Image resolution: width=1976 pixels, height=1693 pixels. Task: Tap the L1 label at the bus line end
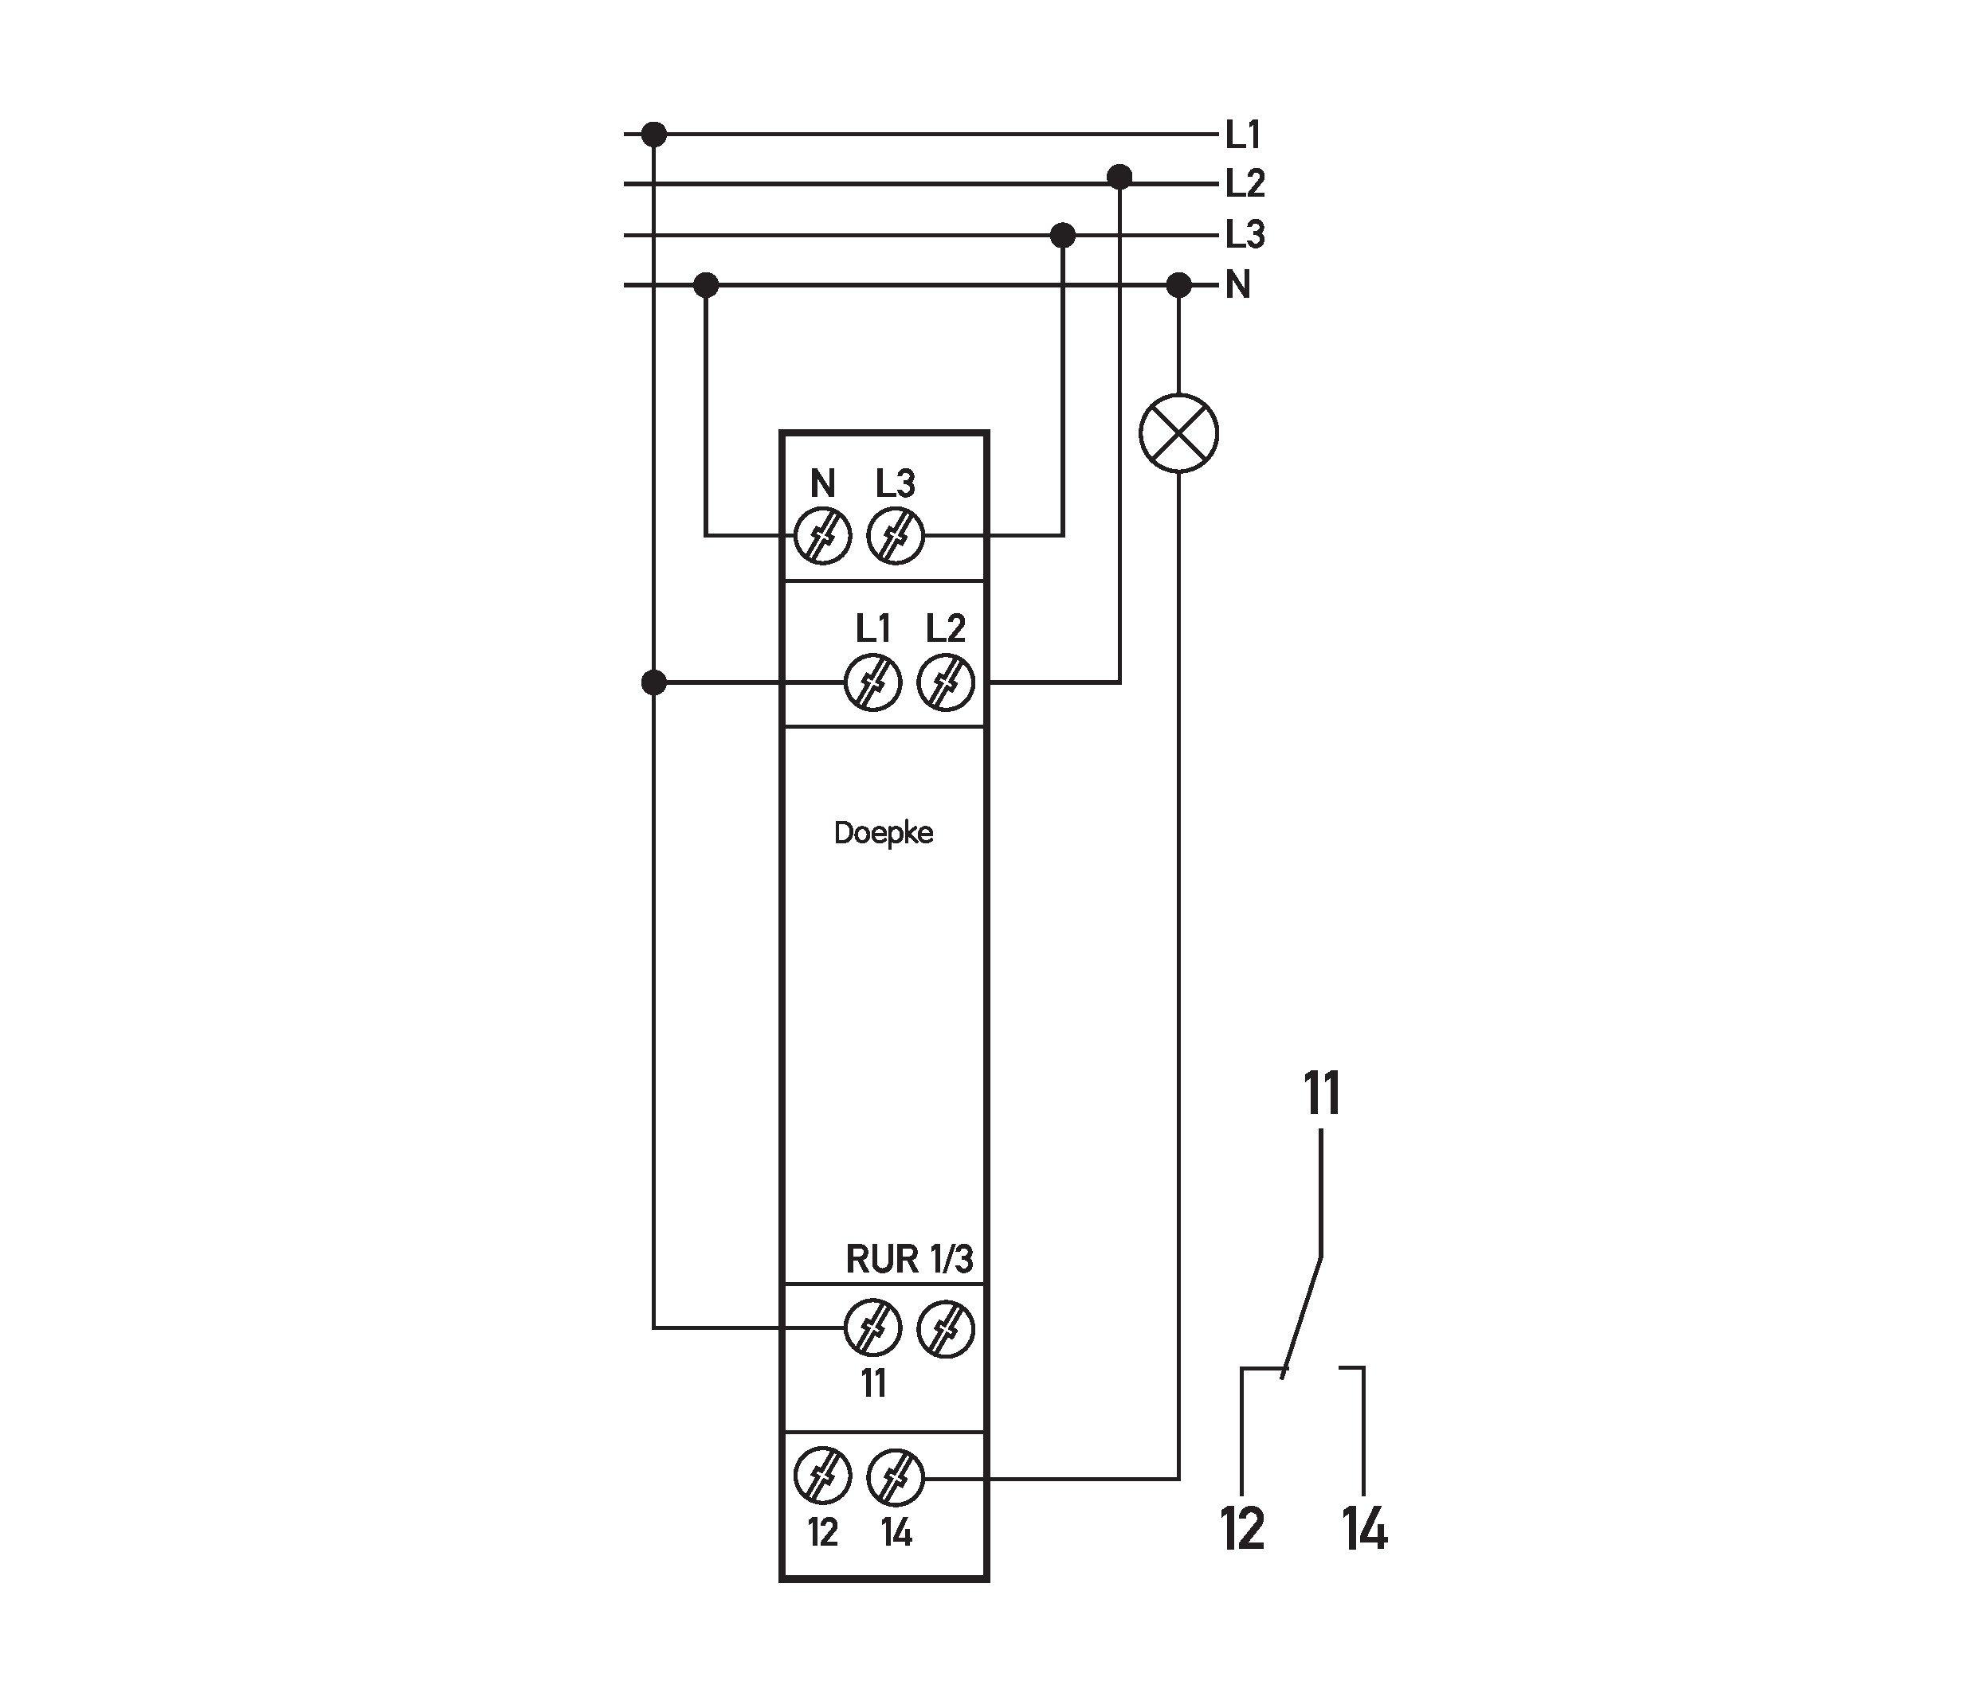point(1243,135)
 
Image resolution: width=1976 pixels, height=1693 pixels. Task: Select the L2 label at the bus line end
point(1245,184)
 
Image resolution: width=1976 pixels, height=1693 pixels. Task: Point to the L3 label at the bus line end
point(1245,234)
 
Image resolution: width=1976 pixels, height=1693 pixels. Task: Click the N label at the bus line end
point(1238,285)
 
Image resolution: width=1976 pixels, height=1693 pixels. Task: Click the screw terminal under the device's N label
point(822,537)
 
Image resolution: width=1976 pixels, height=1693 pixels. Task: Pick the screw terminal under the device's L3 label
point(896,537)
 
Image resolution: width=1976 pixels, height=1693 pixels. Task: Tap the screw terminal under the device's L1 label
point(872,682)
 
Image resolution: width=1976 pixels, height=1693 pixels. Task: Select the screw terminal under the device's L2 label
point(945,682)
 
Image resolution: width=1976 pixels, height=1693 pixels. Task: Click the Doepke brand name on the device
point(883,833)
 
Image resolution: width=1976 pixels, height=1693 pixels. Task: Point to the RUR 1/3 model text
point(909,1259)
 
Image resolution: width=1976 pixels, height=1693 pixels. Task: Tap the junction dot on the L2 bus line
point(1119,176)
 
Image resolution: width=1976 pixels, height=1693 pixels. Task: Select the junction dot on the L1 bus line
point(653,135)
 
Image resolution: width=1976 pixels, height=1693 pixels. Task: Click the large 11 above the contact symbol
point(1322,1093)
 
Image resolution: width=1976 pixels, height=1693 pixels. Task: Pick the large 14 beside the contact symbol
point(1365,1528)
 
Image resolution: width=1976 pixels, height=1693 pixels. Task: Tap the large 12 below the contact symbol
point(1243,1528)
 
